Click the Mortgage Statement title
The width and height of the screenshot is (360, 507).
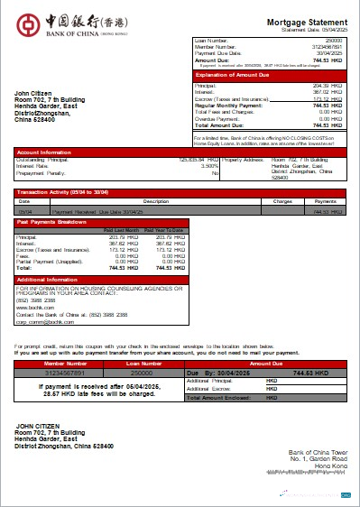(307, 21)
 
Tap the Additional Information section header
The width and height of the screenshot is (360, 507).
(50, 279)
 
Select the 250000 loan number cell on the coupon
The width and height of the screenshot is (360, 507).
(141, 372)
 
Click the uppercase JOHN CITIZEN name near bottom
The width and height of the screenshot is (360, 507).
(37, 424)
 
